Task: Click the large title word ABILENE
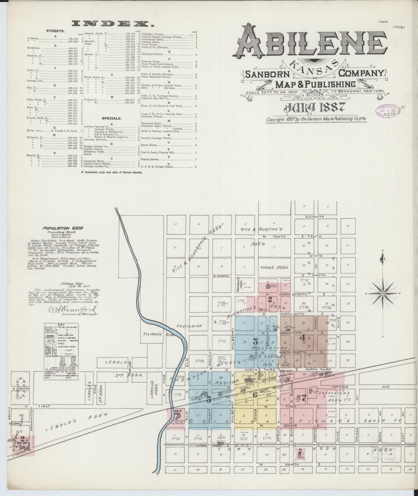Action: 312,42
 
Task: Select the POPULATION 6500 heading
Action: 63,228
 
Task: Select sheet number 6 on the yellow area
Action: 255,395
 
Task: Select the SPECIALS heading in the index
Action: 111,118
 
